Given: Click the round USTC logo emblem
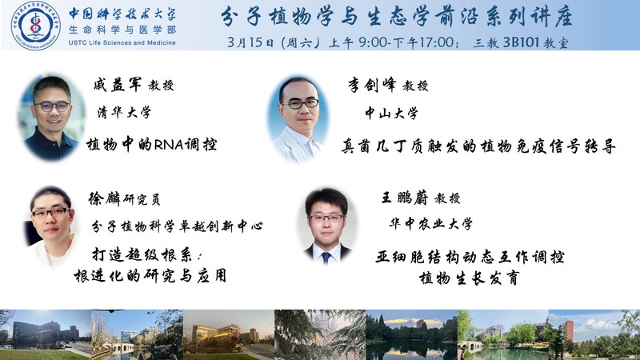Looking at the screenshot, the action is click(36, 26).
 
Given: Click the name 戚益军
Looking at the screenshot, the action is click(118, 85).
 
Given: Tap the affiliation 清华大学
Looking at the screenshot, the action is click(124, 112).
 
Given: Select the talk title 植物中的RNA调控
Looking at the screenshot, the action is click(151, 145).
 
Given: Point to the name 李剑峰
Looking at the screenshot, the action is click(372, 86).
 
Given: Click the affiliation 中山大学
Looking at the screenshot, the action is click(391, 113).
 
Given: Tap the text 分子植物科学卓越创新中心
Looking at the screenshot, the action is click(177, 226).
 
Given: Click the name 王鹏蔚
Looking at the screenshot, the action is click(405, 198).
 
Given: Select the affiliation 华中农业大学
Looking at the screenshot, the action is click(431, 224).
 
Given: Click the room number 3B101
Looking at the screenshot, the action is click(521, 42).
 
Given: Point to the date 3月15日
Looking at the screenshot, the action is click(250, 42).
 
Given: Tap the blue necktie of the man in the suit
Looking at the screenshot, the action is click(326, 258).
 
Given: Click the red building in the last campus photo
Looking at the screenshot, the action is click(569, 330).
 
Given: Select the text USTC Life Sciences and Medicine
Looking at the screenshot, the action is click(122, 43).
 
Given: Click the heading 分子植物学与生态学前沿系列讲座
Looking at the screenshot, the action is click(397, 18).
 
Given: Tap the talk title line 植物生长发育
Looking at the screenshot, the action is click(469, 278).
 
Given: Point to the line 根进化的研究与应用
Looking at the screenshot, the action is click(150, 276).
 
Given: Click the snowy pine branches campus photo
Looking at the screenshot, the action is click(320, 334).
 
